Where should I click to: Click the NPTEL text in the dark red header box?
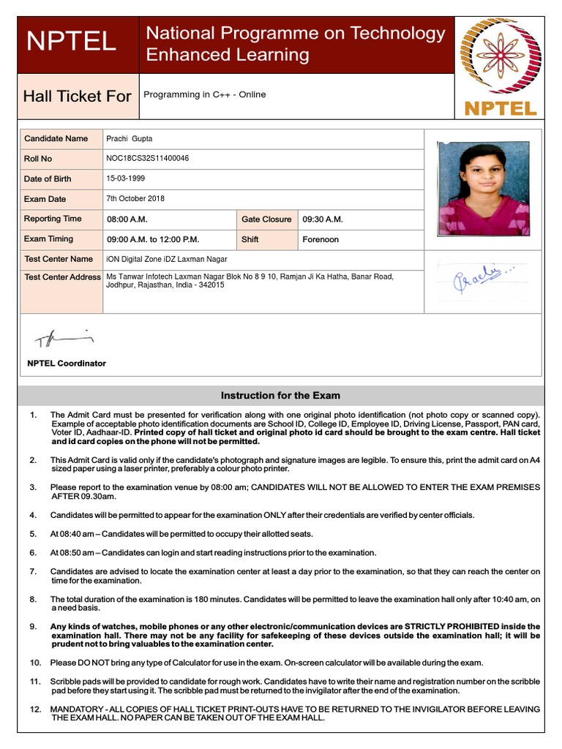coord(71,42)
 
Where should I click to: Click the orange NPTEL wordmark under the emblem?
coord(501,109)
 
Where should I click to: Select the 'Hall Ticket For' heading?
coord(77,96)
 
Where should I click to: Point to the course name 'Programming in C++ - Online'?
coord(205,94)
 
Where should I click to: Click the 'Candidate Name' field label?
coord(56,138)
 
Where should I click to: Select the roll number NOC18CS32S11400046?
coord(148,158)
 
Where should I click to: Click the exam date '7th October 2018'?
coord(135,198)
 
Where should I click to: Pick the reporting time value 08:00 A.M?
coord(128,219)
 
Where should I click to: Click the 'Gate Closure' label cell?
coord(266,219)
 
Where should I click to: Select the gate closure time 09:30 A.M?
coord(323,219)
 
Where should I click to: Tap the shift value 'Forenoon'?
coord(321,239)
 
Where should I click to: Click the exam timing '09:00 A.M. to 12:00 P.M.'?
coord(153,239)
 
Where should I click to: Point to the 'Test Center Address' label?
coord(62,277)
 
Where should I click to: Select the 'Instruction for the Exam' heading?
coord(280,396)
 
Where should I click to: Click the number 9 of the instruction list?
coord(33,627)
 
